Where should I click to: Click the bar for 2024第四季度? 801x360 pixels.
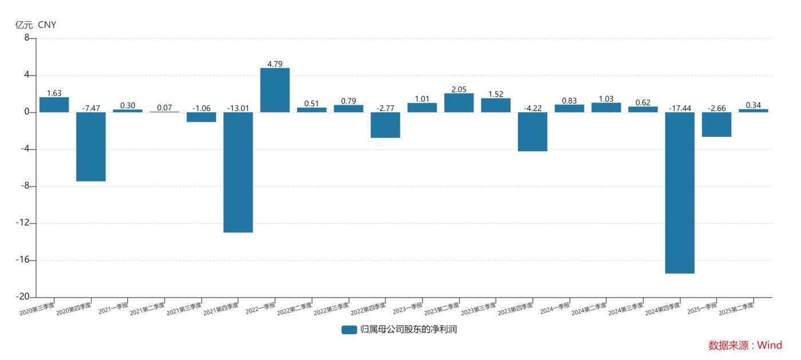pyautogui.click(x=680, y=193)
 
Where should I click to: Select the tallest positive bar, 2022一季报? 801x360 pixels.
pyautogui.click(x=275, y=90)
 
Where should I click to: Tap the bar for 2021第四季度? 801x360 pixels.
pyautogui.click(x=238, y=172)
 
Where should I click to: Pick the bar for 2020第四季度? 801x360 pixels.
pyautogui.click(x=91, y=147)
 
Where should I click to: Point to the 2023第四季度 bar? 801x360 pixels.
pyautogui.click(x=532, y=132)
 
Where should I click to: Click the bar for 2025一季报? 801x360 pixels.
pyautogui.click(x=716, y=124)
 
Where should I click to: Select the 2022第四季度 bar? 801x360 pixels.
pyautogui.click(x=385, y=125)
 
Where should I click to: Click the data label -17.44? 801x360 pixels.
pyautogui.click(x=680, y=108)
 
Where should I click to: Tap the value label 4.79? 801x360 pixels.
pyautogui.click(x=275, y=64)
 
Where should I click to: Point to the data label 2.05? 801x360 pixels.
pyautogui.click(x=459, y=89)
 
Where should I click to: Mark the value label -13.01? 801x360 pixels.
pyautogui.click(x=238, y=108)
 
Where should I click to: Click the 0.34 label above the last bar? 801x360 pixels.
pyautogui.click(x=753, y=105)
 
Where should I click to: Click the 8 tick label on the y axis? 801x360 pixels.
pyautogui.click(x=27, y=38)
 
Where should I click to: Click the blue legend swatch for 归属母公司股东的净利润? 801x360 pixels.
pyautogui.click(x=349, y=330)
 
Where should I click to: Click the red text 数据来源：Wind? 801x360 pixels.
pyautogui.click(x=744, y=345)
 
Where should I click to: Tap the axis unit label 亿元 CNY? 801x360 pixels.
pyautogui.click(x=35, y=25)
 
